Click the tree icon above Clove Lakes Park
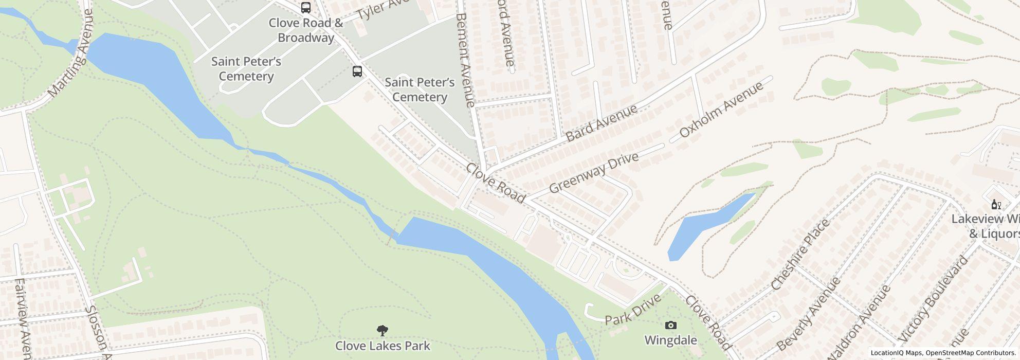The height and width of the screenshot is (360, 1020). (x=382, y=330)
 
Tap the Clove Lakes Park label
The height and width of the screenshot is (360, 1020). (x=383, y=346)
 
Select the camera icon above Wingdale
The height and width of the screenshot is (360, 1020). (x=670, y=325)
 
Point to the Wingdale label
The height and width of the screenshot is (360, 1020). (x=670, y=340)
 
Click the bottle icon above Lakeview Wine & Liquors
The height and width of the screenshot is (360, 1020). (x=996, y=205)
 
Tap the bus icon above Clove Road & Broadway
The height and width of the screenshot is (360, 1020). (x=306, y=8)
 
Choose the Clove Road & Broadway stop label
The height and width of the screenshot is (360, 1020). (x=306, y=30)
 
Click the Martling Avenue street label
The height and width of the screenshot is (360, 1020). (x=71, y=54)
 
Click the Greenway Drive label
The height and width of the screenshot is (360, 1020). (x=593, y=173)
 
